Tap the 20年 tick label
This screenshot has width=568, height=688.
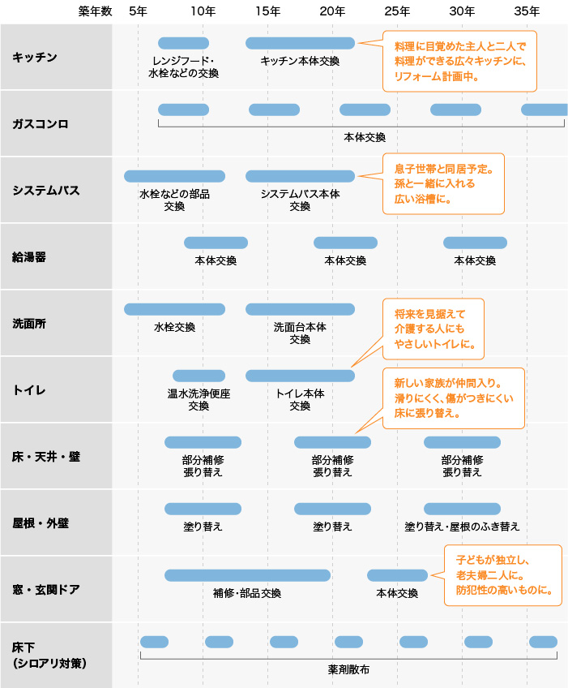pos(332,11)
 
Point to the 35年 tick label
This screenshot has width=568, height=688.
pos(527,11)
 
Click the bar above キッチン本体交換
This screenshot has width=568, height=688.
pos(300,43)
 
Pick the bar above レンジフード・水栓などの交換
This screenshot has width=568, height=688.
pos(183,43)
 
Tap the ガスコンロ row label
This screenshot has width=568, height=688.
pos(41,123)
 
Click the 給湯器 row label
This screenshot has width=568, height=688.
pos(29,256)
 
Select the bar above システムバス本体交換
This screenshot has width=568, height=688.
pos(300,176)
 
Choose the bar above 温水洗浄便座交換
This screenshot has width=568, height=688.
pos(199,376)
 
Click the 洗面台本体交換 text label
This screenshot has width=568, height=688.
pos(300,333)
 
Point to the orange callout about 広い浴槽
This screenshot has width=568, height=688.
pos(443,184)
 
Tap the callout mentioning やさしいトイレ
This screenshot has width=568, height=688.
pos(433,329)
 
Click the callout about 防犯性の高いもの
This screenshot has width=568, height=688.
pos(502,575)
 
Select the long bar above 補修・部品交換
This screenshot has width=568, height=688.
pos(247,575)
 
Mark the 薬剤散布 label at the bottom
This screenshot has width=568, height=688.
pos(348,670)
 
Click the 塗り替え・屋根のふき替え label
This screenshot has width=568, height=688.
pos(462,527)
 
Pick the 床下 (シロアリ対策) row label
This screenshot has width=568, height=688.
pos(49,655)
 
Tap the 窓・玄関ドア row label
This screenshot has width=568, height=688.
pos(46,589)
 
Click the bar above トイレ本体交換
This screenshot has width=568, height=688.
pos(300,376)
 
